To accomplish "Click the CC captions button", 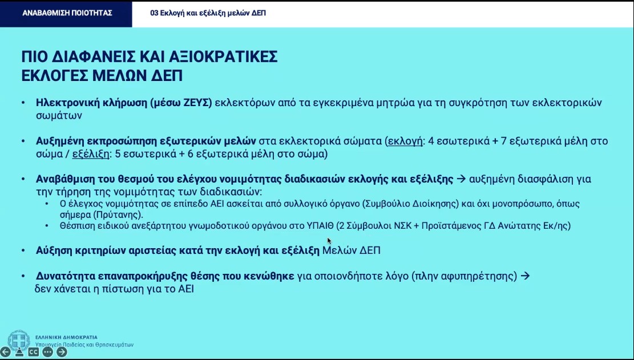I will pos(33,352).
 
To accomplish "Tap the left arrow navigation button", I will pos(5,352).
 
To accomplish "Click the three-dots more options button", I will pos(47,352).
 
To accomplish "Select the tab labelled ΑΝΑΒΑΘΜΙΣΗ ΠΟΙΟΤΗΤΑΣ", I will pos(67,13).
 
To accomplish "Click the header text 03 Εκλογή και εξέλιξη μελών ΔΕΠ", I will pos(208,13).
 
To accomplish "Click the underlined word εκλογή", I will pos(404,141).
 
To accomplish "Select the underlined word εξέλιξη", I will pos(91,153).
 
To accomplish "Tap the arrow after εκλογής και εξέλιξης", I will pos(461,179).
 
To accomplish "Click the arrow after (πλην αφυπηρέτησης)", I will pos(526,276).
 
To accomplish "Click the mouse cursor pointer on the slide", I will pos(329,241).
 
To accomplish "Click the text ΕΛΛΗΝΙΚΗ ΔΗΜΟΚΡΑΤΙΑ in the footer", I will pos(66,337).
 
